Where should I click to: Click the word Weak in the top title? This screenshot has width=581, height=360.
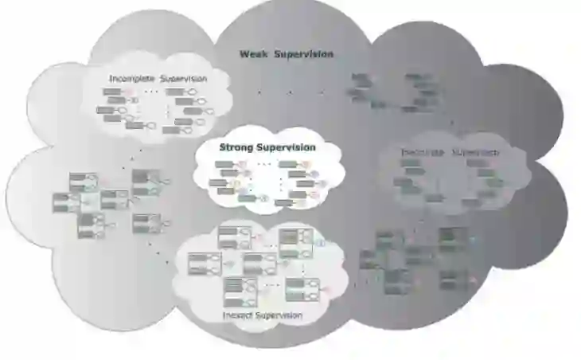tap(254, 54)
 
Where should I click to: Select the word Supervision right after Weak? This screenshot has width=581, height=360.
tap(304, 54)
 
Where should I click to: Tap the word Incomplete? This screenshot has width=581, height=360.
tap(132, 79)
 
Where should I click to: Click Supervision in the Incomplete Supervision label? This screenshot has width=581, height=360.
tap(183, 79)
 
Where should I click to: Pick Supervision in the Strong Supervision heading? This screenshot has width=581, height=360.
tap(286, 147)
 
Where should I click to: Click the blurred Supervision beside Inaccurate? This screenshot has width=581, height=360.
tap(477, 153)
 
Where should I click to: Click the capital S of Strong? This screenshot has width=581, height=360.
tap(223, 147)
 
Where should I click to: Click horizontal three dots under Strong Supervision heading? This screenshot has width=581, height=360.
tap(265, 165)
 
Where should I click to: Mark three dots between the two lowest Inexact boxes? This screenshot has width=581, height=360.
tap(272, 284)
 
